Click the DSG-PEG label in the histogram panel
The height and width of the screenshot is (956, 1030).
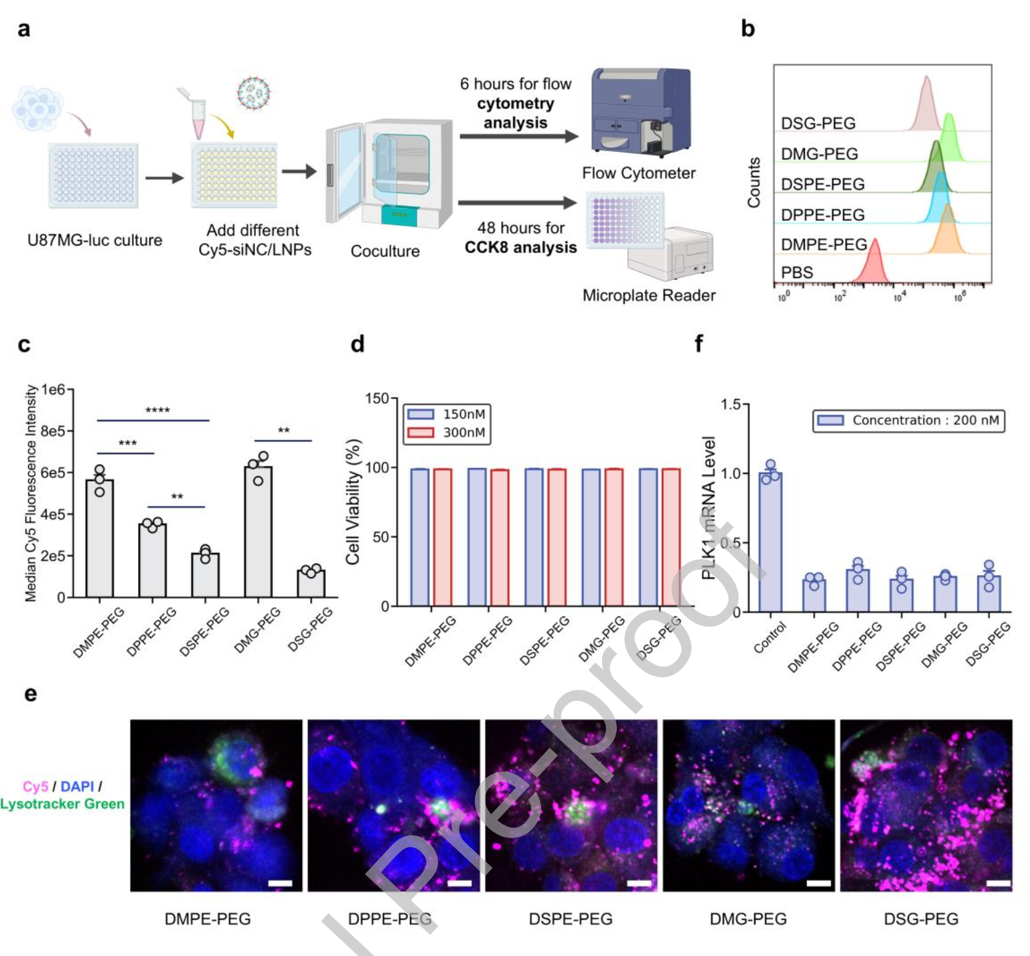pos(818,123)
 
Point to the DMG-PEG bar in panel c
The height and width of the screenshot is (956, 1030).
pos(258,532)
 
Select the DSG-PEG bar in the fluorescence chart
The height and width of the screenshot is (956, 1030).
pos(311,583)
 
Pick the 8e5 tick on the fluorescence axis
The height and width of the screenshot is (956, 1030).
pos(53,431)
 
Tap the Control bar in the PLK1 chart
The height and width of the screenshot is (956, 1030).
pos(770,542)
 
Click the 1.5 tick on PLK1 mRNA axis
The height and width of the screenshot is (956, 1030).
pos(731,404)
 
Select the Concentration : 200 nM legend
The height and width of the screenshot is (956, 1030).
pos(909,420)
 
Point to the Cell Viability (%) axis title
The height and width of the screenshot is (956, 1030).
pos(353,501)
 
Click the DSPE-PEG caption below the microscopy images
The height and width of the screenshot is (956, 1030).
pos(571,919)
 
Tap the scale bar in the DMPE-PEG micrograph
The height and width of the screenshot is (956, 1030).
pos(280,883)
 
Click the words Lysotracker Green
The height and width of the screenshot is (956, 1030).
pos(62,804)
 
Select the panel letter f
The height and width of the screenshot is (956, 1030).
pos(698,344)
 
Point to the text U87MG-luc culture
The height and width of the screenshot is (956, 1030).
pos(94,240)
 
